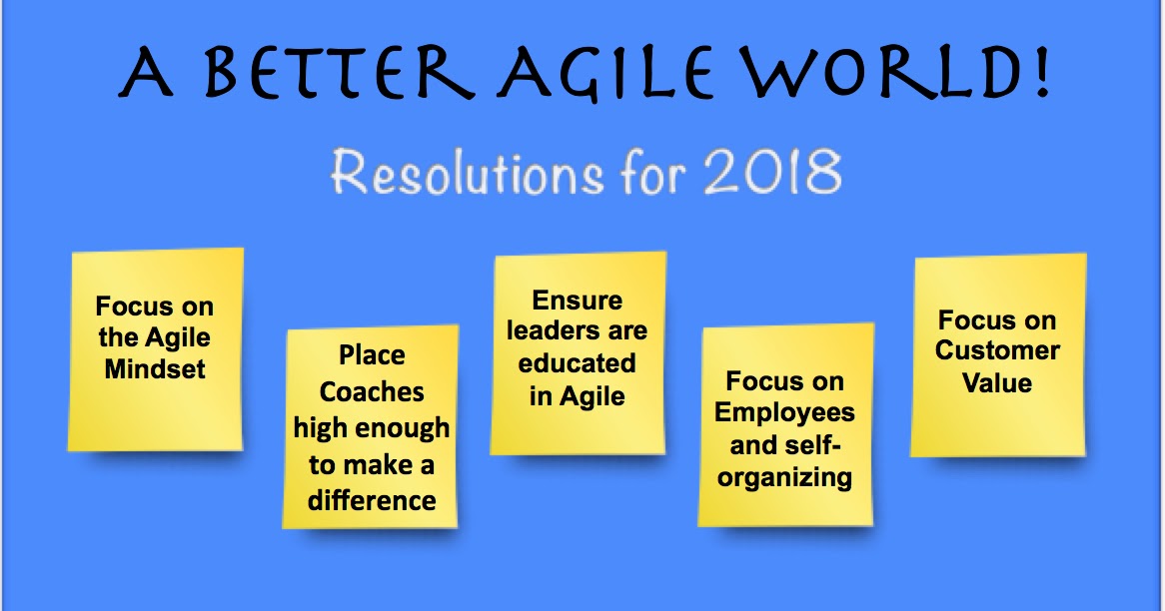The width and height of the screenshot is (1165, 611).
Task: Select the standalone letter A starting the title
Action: (x=145, y=76)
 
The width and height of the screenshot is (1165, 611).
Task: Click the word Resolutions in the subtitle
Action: (x=467, y=173)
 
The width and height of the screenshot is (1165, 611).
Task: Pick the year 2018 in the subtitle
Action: (x=773, y=173)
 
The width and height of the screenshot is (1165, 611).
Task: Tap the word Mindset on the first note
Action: (x=155, y=368)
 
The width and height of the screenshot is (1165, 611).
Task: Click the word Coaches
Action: (x=372, y=391)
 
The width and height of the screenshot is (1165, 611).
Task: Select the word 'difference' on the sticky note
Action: (x=372, y=499)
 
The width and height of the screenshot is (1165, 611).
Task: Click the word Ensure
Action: (x=577, y=301)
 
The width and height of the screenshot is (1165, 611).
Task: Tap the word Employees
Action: (x=784, y=412)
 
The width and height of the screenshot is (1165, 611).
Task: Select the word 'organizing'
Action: (x=784, y=476)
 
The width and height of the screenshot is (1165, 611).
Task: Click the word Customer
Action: (x=997, y=350)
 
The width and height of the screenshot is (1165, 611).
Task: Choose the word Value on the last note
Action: (x=997, y=382)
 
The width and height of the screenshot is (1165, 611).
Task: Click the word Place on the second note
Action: (x=372, y=355)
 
